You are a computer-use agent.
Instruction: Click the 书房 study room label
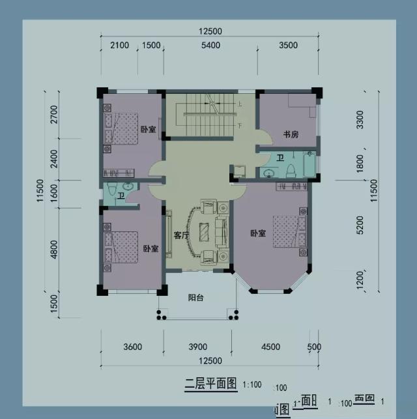(x=291, y=135)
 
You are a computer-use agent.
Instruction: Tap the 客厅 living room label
(x=181, y=235)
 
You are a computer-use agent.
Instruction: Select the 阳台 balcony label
(x=196, y=298)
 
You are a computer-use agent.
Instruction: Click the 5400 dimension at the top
(x=210, y=45)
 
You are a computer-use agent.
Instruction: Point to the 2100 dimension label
(x=120, y=45)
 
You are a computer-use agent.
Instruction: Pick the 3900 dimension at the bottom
(x=197, y=347)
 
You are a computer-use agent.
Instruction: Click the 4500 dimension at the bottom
(x=270, y=347)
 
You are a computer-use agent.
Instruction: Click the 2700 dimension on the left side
(x=54, y=114)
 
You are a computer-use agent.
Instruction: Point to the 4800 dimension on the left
(x=54, y=249)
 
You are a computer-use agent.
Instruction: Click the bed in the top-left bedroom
(x=121, y=127)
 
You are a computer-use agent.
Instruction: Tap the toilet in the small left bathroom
(x=112, y=191)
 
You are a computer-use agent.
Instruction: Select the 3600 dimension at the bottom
(x=132, y=347)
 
